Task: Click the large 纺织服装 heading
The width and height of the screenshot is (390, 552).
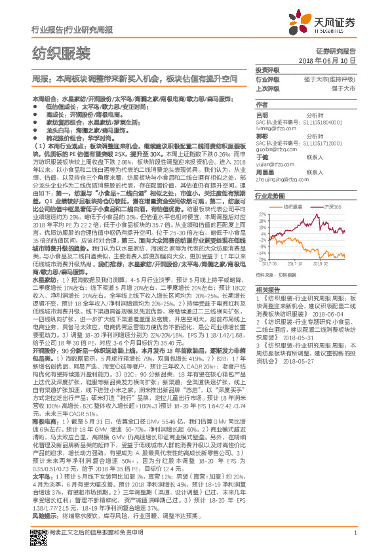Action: [x=61, y=52]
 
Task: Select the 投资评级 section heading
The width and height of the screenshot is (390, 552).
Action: [x=267, y=69]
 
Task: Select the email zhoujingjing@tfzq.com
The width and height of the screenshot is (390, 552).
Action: [x=283, y=178]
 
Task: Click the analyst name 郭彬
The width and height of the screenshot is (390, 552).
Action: [x=262, y=134]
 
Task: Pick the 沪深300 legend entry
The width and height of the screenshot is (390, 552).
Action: [x=334, y=207]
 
